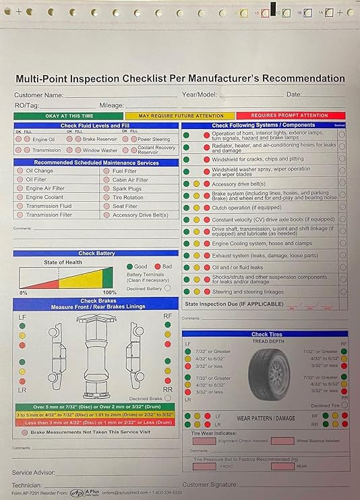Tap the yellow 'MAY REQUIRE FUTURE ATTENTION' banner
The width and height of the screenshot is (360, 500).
(181, 116)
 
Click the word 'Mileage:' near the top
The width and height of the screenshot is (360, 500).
(112, 105)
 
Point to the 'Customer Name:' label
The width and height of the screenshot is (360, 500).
(39, 95)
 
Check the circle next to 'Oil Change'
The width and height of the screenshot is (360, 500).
(20, 171)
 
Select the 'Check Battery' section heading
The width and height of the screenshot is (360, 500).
(96, 253)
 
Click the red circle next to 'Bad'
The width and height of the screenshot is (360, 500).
(158, 267)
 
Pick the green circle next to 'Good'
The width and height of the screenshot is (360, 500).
(129, 267)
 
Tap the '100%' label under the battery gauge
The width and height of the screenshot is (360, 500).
(109, 292)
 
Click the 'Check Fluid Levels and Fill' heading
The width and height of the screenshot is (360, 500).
(96, 126)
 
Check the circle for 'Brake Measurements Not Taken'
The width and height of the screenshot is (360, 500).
(25, 431)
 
